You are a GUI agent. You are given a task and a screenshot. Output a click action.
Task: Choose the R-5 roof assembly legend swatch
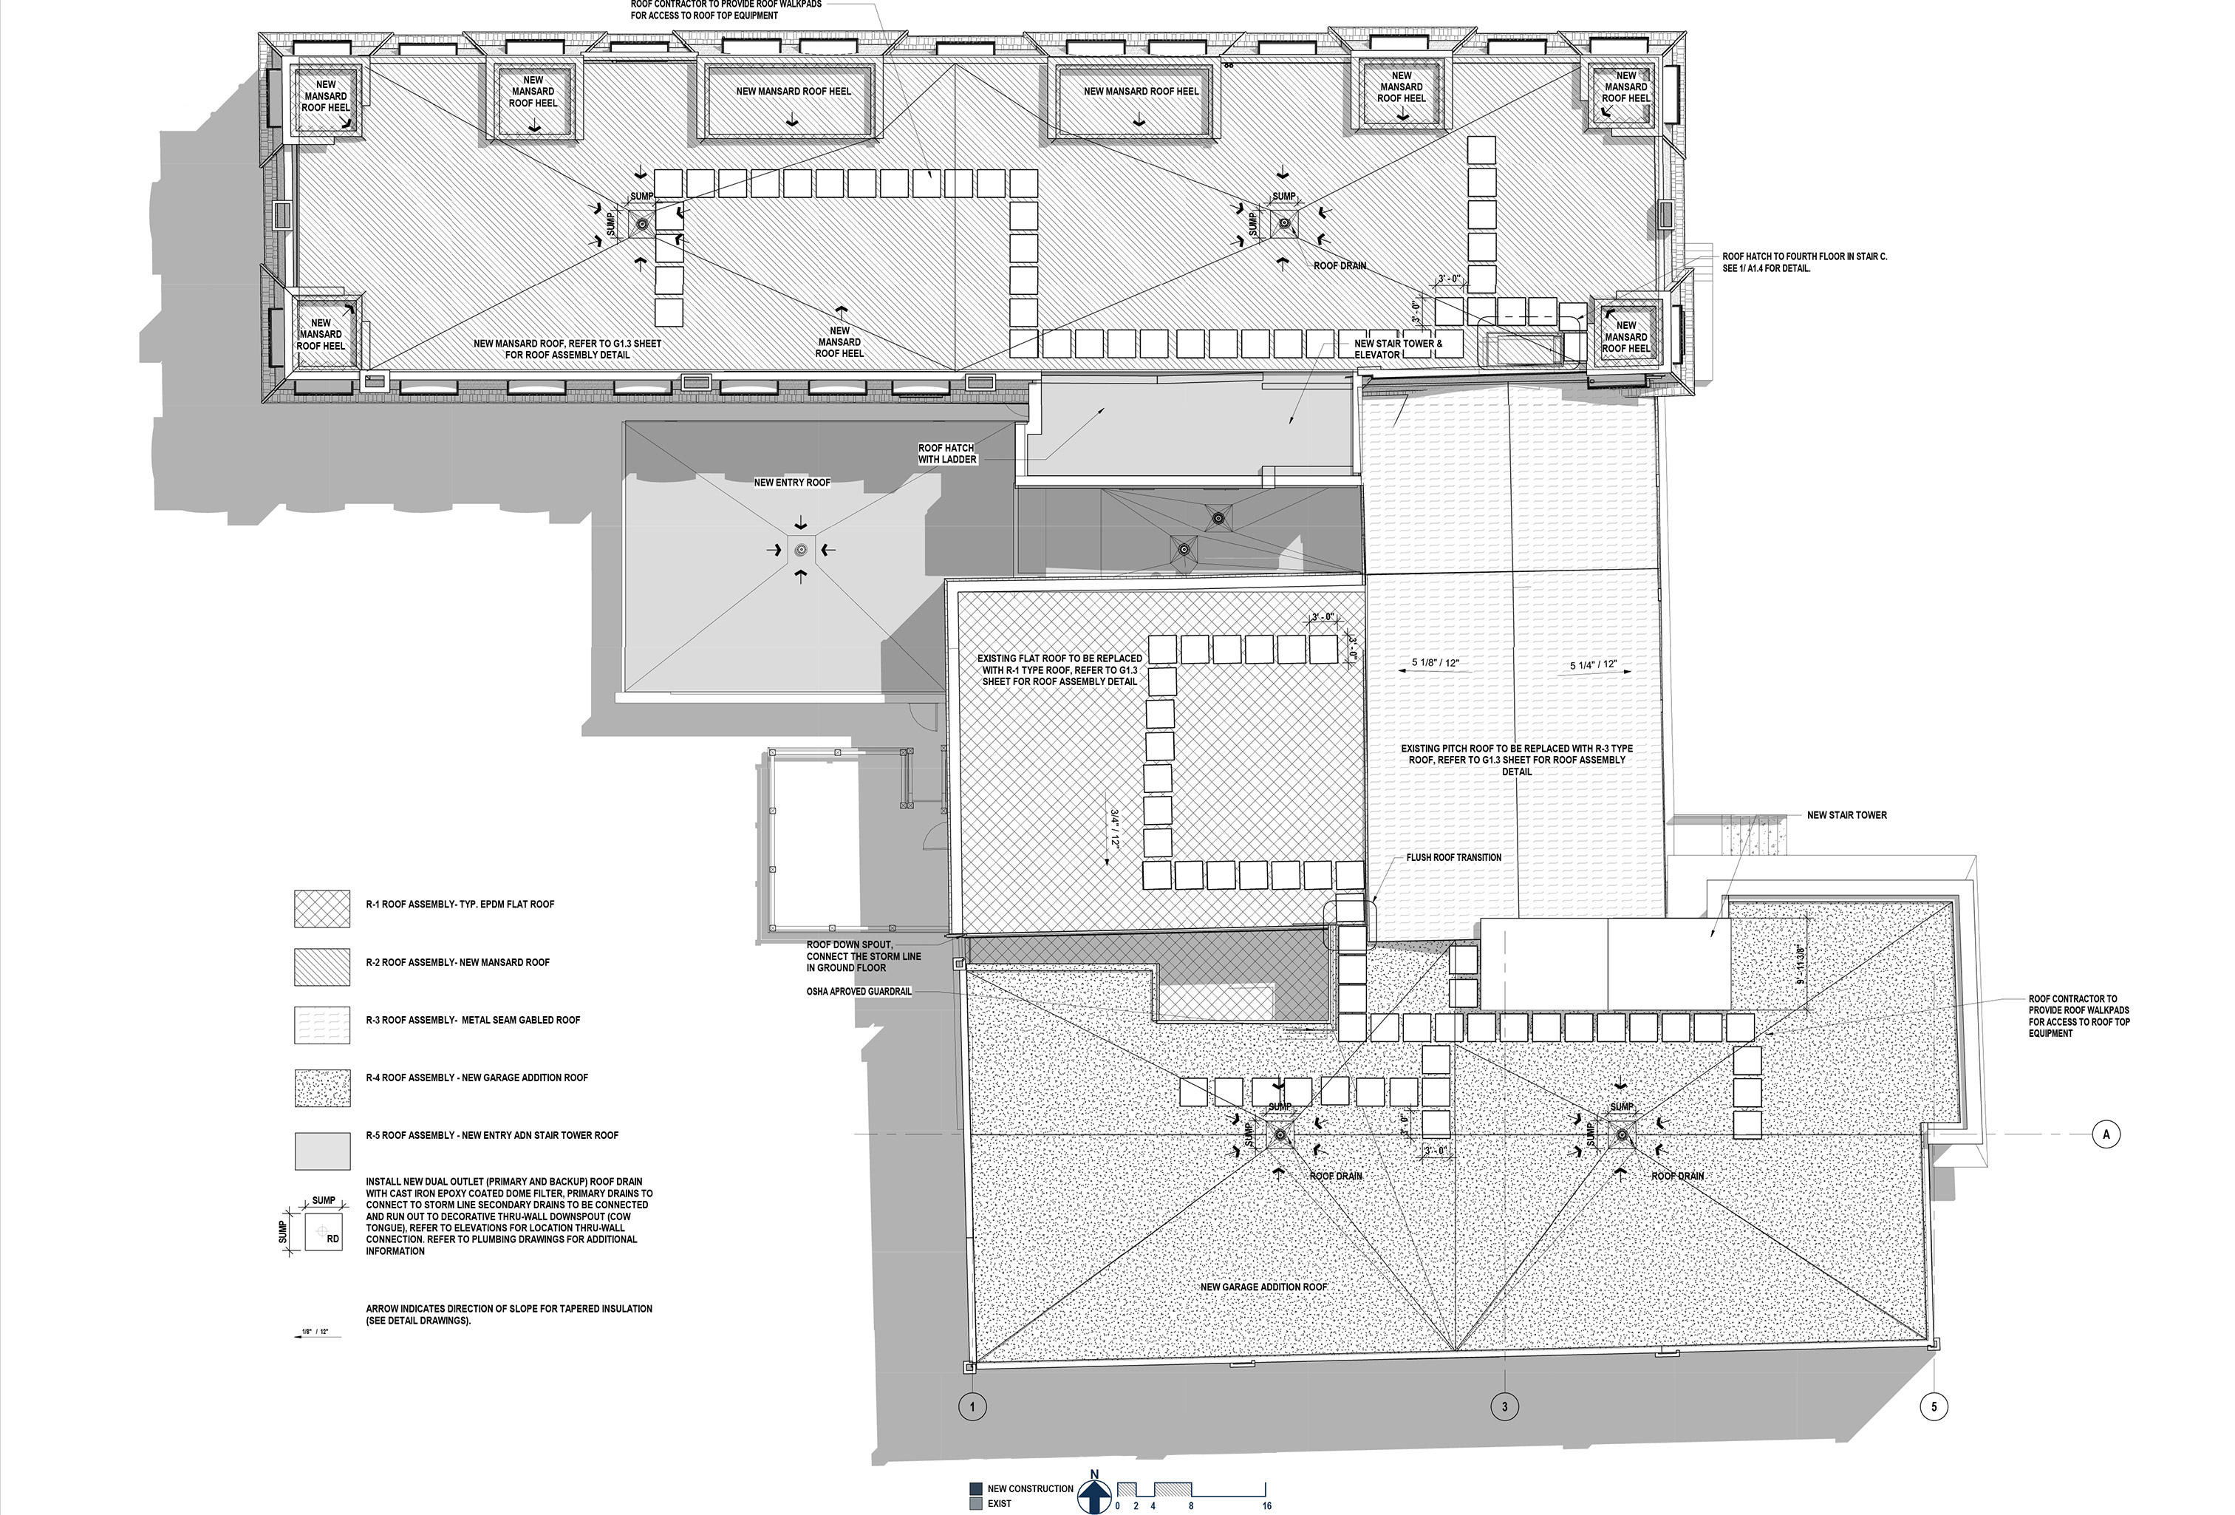pos(322,1149)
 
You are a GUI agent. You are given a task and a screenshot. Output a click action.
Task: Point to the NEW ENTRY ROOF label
pos(791,482)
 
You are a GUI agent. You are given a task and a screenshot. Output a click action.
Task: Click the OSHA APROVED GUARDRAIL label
pos(859,991)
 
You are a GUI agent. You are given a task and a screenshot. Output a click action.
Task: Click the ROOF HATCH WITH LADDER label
pos(947,454)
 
